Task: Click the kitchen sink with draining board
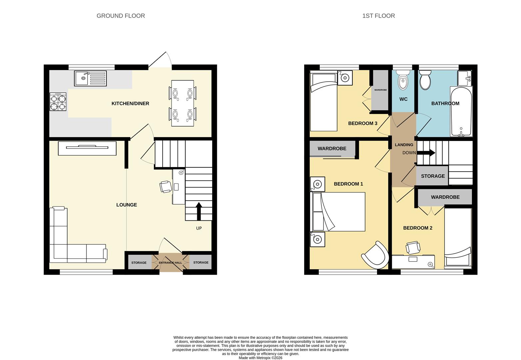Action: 90,78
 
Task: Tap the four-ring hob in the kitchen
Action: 58,102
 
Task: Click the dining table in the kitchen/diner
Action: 183,103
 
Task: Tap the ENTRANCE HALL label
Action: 170,263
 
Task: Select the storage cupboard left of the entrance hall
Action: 139,263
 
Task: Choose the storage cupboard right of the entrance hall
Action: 201,262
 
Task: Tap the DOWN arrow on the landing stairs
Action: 426,153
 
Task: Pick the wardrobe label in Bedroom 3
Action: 380,90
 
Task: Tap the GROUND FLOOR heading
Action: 121,16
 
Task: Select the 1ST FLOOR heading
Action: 378,16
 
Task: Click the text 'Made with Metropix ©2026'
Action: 260,358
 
